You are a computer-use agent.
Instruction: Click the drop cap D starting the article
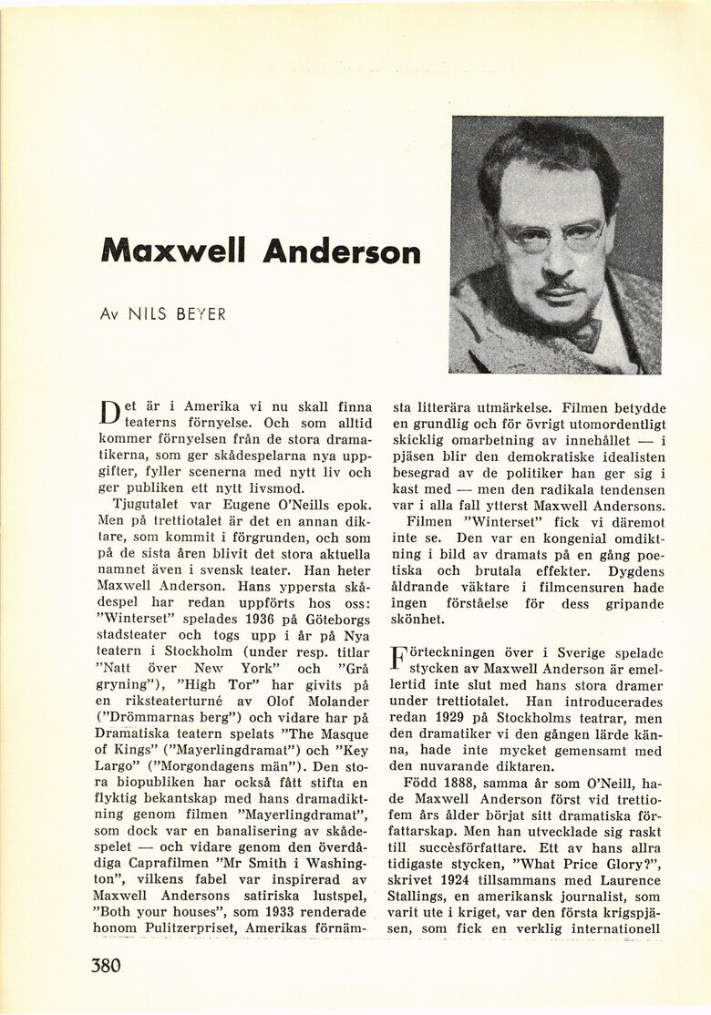point(109,415)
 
